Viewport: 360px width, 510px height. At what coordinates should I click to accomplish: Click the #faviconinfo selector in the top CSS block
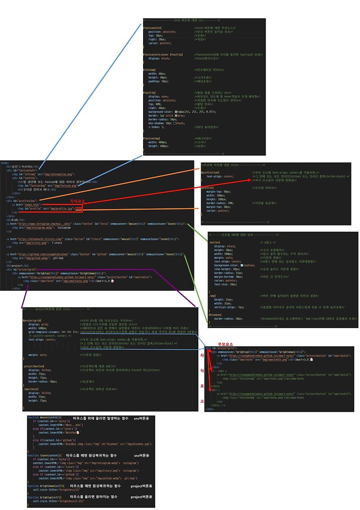click(151, 27)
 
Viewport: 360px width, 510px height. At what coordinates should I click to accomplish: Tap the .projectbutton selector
click(34, 366)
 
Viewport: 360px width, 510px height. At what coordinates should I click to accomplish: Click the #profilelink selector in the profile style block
click(211, 172)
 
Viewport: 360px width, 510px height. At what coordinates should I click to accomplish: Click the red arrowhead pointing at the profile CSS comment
click(250, 180)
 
